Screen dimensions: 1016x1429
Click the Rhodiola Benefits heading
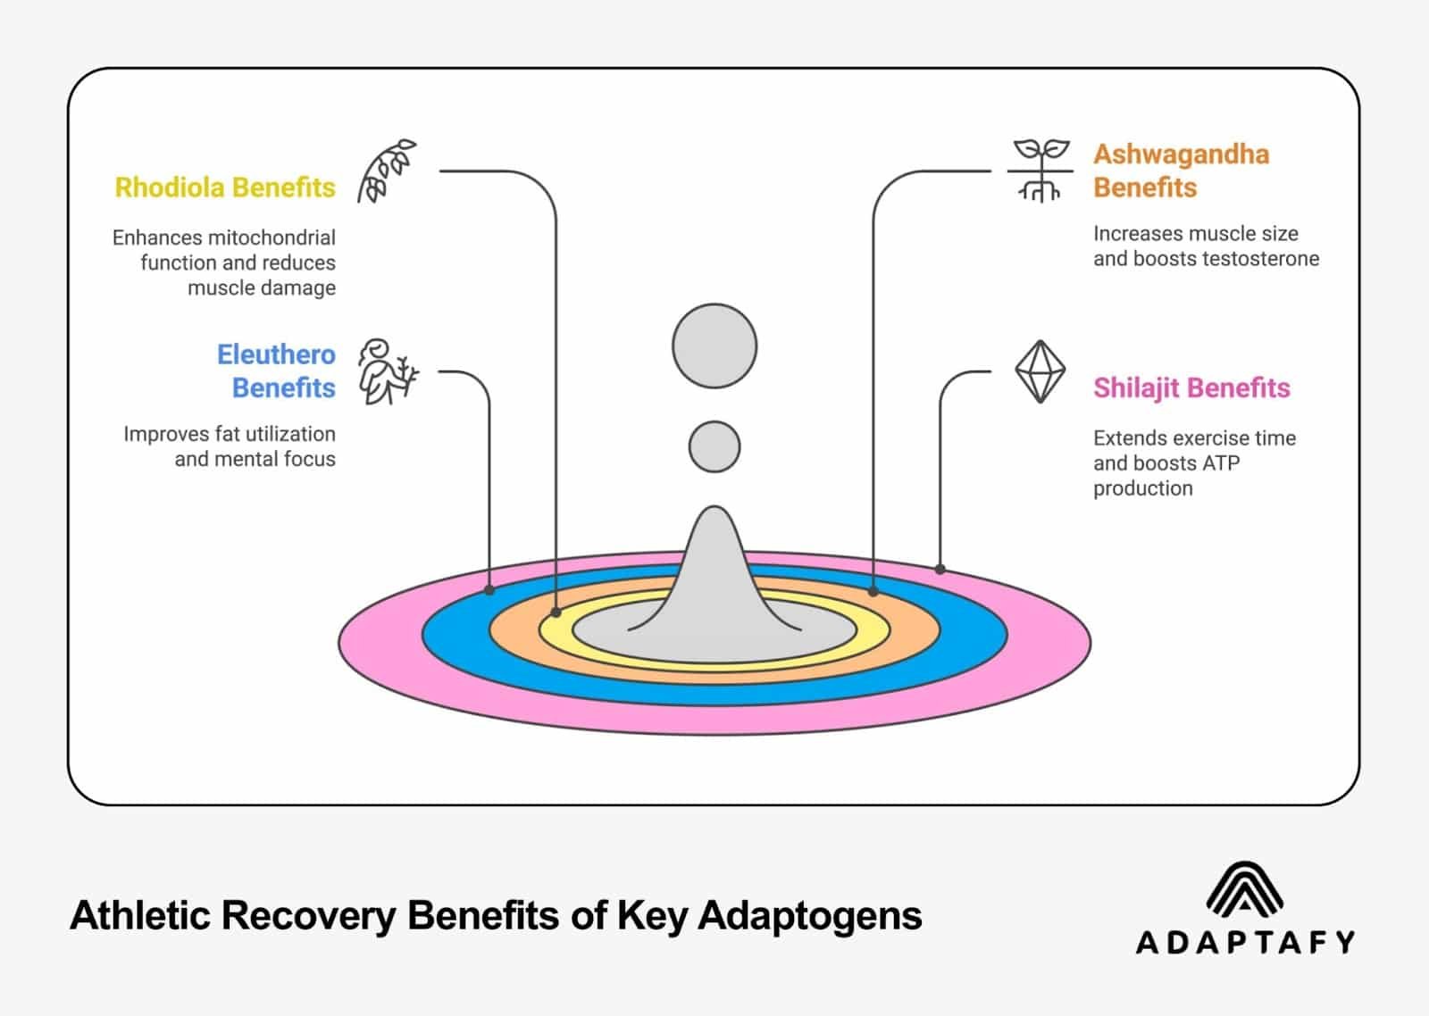225,187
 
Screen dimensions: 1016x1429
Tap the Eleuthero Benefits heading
277,371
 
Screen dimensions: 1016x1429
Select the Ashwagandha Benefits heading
1181,171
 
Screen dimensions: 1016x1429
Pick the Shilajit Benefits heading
1191,388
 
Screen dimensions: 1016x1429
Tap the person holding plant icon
387,371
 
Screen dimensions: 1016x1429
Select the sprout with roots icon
1040,170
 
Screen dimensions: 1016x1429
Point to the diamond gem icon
1040,371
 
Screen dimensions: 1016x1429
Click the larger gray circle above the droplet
714,346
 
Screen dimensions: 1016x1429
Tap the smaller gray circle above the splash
714,446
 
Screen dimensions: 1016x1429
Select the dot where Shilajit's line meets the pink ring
940,569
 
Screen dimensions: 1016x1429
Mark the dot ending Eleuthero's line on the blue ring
489,590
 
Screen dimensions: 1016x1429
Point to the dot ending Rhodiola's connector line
556,612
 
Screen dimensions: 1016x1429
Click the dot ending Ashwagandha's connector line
873,591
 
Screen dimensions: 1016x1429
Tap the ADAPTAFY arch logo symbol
1244,888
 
